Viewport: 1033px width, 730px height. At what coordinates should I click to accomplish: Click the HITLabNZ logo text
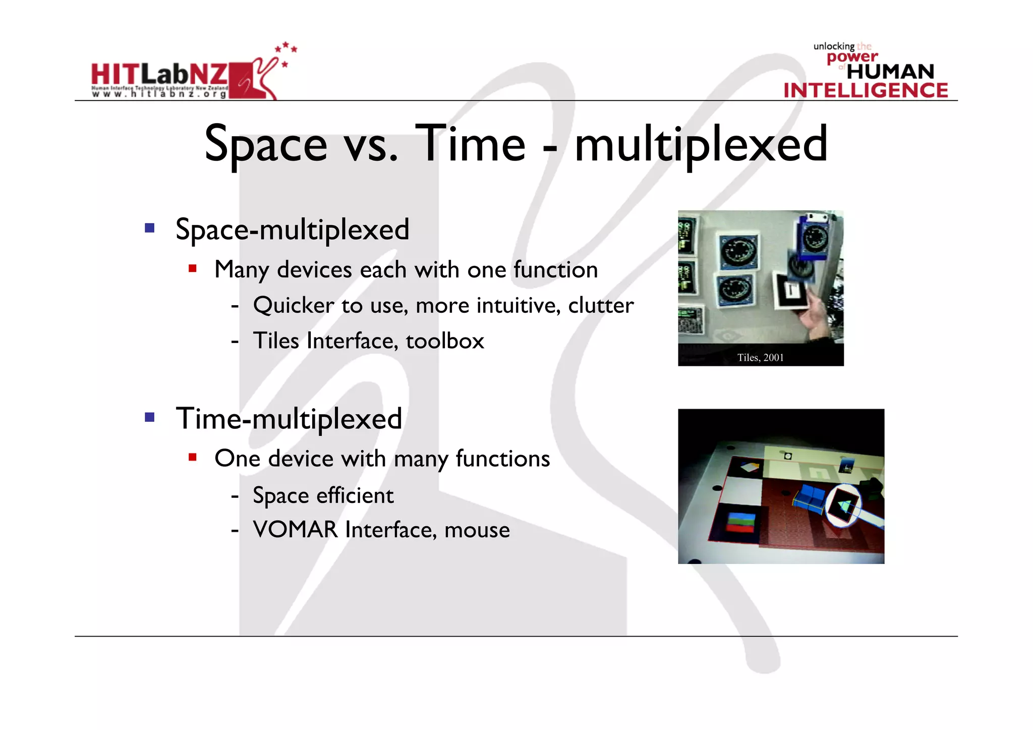click(159, 74)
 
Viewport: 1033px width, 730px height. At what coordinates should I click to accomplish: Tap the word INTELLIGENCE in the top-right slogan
click(866, 90)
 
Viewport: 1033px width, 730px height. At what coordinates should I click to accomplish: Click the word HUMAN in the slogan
click(890, 72)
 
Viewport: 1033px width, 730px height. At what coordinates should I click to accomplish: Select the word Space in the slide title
click(266, 145)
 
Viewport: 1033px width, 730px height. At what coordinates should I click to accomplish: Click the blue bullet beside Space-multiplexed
click(149, 228)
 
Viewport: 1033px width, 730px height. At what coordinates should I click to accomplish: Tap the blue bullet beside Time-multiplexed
click(149, 417)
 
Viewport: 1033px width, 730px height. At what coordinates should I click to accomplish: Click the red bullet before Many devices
click(192, 268)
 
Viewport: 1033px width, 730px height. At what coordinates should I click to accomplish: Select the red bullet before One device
click(192, 458)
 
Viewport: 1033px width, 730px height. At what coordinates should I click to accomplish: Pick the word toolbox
click(444, 341)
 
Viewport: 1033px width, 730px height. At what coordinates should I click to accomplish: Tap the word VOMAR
click(295, 530)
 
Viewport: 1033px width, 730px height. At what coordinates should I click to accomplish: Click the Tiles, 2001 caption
click(760, 358)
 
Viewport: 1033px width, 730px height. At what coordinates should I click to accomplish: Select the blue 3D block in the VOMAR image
click(809, 497)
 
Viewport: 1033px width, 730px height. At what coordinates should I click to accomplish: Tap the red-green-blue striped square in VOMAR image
click(741, 522)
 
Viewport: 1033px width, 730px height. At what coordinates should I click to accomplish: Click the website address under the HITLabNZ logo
click(159, 94)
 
